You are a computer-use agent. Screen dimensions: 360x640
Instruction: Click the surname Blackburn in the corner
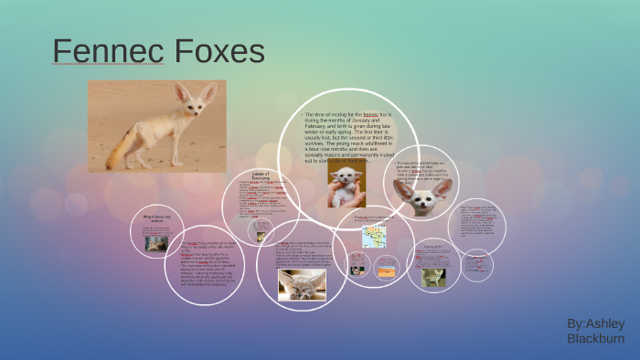coord(595,339)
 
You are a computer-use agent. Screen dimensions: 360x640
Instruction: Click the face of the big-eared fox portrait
coord(421,203)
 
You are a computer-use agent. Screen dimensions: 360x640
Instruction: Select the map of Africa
coord(374,237)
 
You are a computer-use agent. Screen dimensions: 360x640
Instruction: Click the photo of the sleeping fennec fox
coord(302,284)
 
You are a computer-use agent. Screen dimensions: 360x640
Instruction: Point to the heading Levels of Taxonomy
coord(262,175)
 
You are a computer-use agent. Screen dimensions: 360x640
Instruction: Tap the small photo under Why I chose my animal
coord(156,243)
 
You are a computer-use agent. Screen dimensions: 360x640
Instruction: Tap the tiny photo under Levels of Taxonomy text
coord(261,236)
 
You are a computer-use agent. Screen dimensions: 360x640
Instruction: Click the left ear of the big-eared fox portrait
coord(402,187)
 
